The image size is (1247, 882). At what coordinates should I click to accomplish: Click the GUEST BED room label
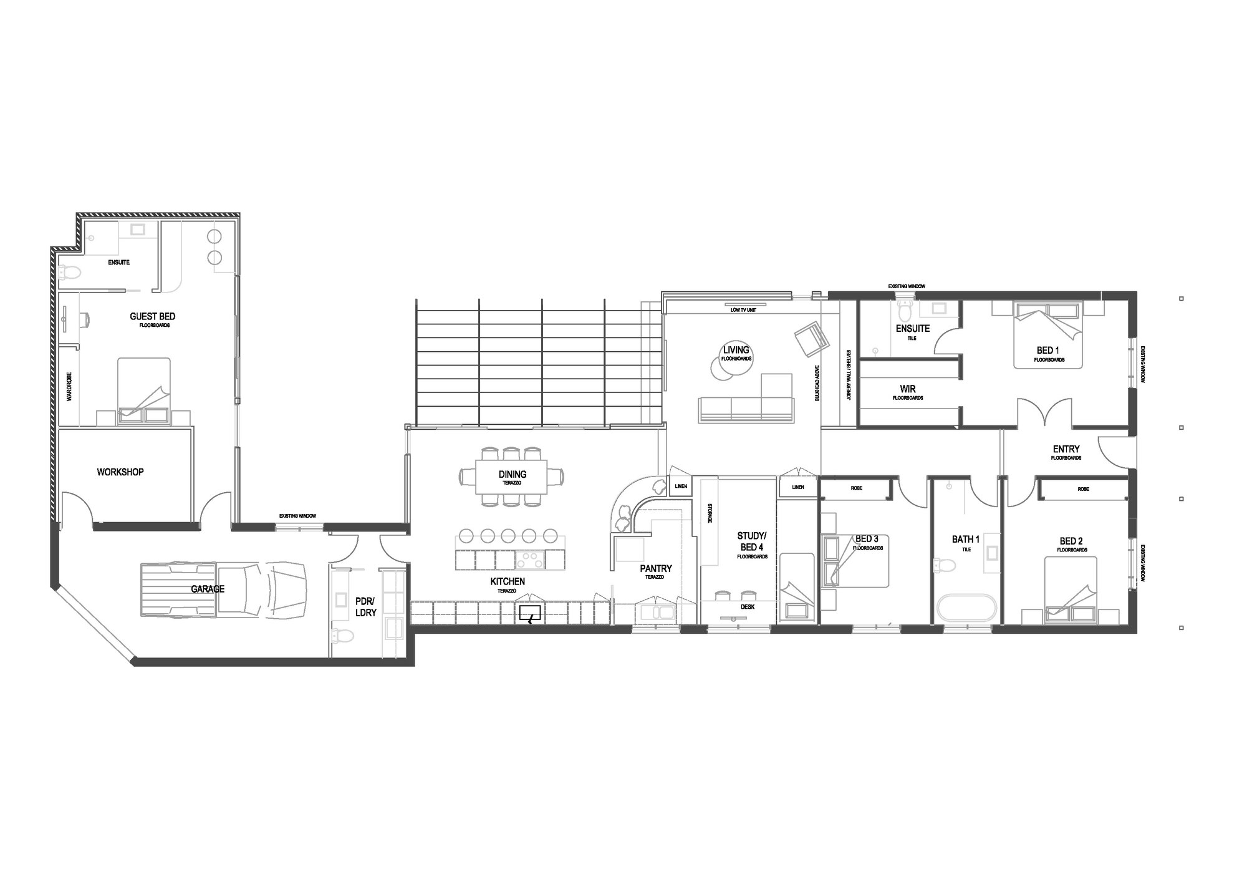click(152, 317)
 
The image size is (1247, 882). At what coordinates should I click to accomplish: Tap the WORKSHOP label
click(120, 472)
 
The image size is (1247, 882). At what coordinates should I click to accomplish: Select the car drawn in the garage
click(223, 590)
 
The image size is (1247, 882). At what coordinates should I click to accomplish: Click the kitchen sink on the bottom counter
click(530, 613)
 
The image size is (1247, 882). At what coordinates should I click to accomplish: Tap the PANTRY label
click(656, 569)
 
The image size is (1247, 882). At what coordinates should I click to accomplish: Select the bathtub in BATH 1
click(966, 608)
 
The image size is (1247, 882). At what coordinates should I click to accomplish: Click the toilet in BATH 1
click(945, 565)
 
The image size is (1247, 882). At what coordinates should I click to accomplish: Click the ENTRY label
click(1066, 449)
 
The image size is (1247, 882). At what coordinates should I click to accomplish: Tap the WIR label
click(908, 389)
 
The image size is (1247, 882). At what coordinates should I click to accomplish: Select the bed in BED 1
click(1047, 336)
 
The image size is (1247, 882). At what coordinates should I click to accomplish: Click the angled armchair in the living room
click(811, 339)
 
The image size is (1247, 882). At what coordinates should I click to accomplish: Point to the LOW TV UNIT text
click(743, 310)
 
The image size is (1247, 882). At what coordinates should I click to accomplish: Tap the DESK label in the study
click(748, 606)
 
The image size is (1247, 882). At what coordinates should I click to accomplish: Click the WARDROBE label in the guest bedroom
click(69, 387)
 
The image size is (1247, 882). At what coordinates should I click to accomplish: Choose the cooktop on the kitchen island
click(530, 559)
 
